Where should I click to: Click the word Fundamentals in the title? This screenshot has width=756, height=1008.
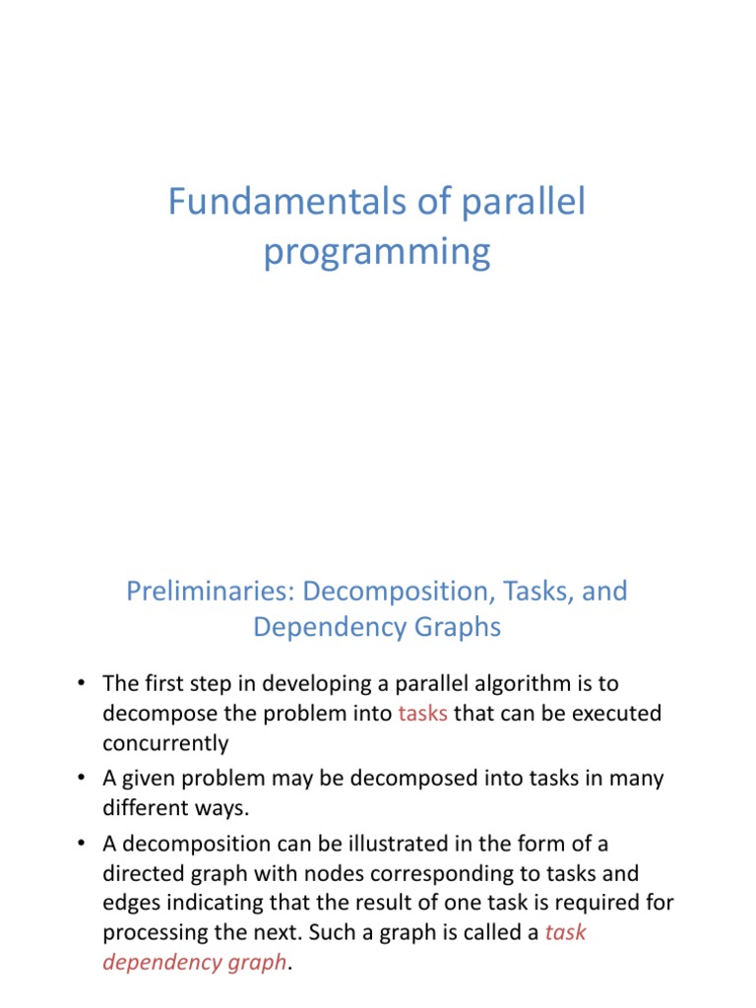287,201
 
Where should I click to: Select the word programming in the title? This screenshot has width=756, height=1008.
377,252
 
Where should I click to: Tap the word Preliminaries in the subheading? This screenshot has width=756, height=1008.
211,591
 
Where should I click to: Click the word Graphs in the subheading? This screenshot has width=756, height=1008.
458,627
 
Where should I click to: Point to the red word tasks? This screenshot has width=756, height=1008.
422,714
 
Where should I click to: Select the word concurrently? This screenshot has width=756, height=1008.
165,743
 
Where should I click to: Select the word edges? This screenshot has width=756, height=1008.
131,904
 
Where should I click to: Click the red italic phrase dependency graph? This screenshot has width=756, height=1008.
195,963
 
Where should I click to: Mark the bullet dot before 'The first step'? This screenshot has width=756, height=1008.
81,683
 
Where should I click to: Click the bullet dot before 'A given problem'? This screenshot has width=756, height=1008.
81,779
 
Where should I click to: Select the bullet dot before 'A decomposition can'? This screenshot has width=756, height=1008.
81,844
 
